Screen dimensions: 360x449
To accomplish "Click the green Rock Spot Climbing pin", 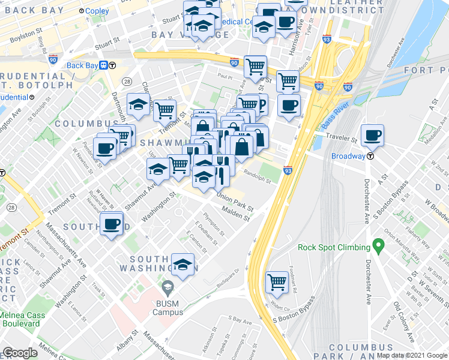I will click(x=378, y=245).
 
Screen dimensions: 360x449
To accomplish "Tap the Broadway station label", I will click(x=348, y=156).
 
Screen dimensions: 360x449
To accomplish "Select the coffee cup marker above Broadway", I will click(x=373, y=137).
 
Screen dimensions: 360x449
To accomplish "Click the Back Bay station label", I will click(x=82, y=65).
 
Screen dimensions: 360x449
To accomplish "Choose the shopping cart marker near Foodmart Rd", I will click(x=277, y=281).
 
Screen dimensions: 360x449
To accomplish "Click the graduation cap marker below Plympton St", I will click(x=182, y=264).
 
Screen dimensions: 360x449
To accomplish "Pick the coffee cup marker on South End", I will click(x=112, y=224).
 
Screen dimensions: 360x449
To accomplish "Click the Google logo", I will click(x=20, y=353).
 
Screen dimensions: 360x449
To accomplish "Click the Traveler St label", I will click(x=342, y=139).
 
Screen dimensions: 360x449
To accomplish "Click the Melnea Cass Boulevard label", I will click(x=22, y=319).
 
